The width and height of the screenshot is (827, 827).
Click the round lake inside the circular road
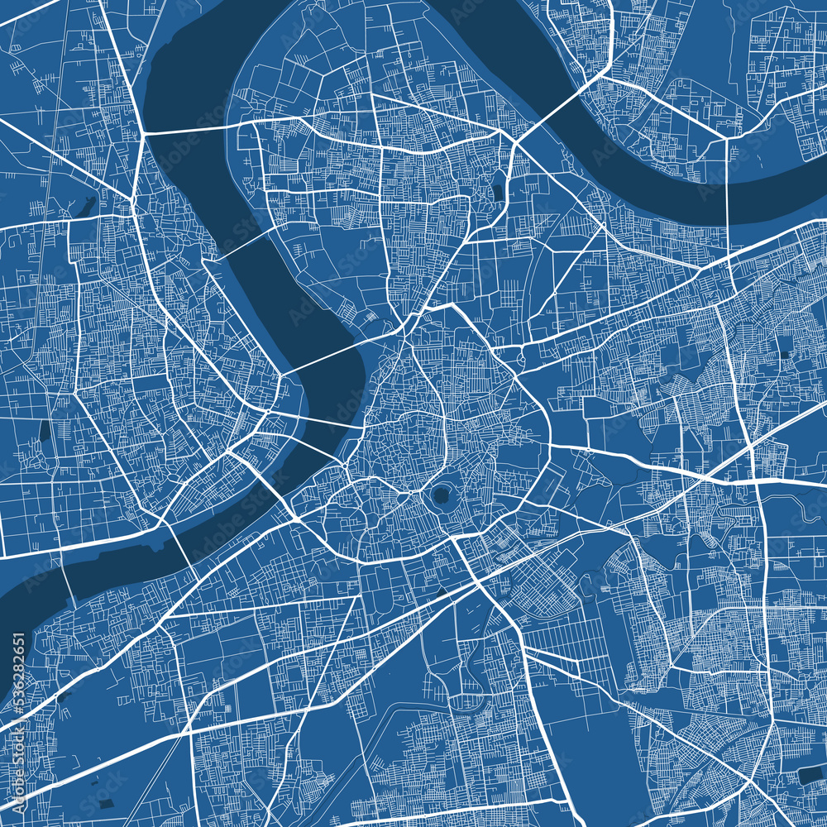pyautogui.click(x=440, y=497)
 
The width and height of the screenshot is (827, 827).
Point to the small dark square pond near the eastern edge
pyautogui.click(x=783, y=356)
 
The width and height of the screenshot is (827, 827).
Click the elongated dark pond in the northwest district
pyautogui.click(x=86, y=206)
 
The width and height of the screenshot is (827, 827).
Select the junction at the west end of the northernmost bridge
pyautogui.click(x=142, y=132)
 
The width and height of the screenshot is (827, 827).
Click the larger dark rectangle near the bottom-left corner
pyautogui.click(x=105, y=804)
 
